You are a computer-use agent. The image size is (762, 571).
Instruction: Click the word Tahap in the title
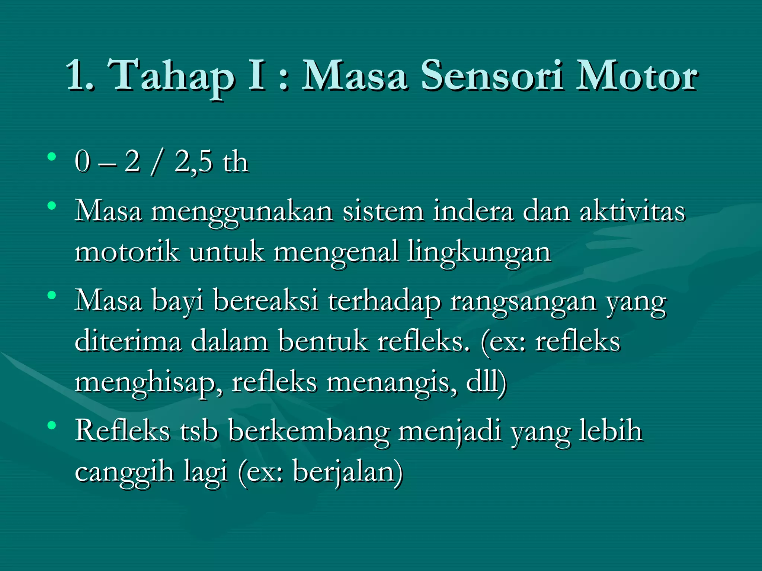click(x=173, y=76)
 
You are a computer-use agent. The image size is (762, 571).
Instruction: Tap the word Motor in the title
click(x=637, y=76)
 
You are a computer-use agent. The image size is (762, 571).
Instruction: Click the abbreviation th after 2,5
click(x=235, y=162)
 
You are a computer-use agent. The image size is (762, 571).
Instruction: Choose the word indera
click(x=473, y=211)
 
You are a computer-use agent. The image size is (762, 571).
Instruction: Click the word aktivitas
click(x=632, y=211)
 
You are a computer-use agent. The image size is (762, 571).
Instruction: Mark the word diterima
click(x=128, y=341)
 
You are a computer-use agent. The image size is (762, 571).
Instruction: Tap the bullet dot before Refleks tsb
click(x=52, y=425)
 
